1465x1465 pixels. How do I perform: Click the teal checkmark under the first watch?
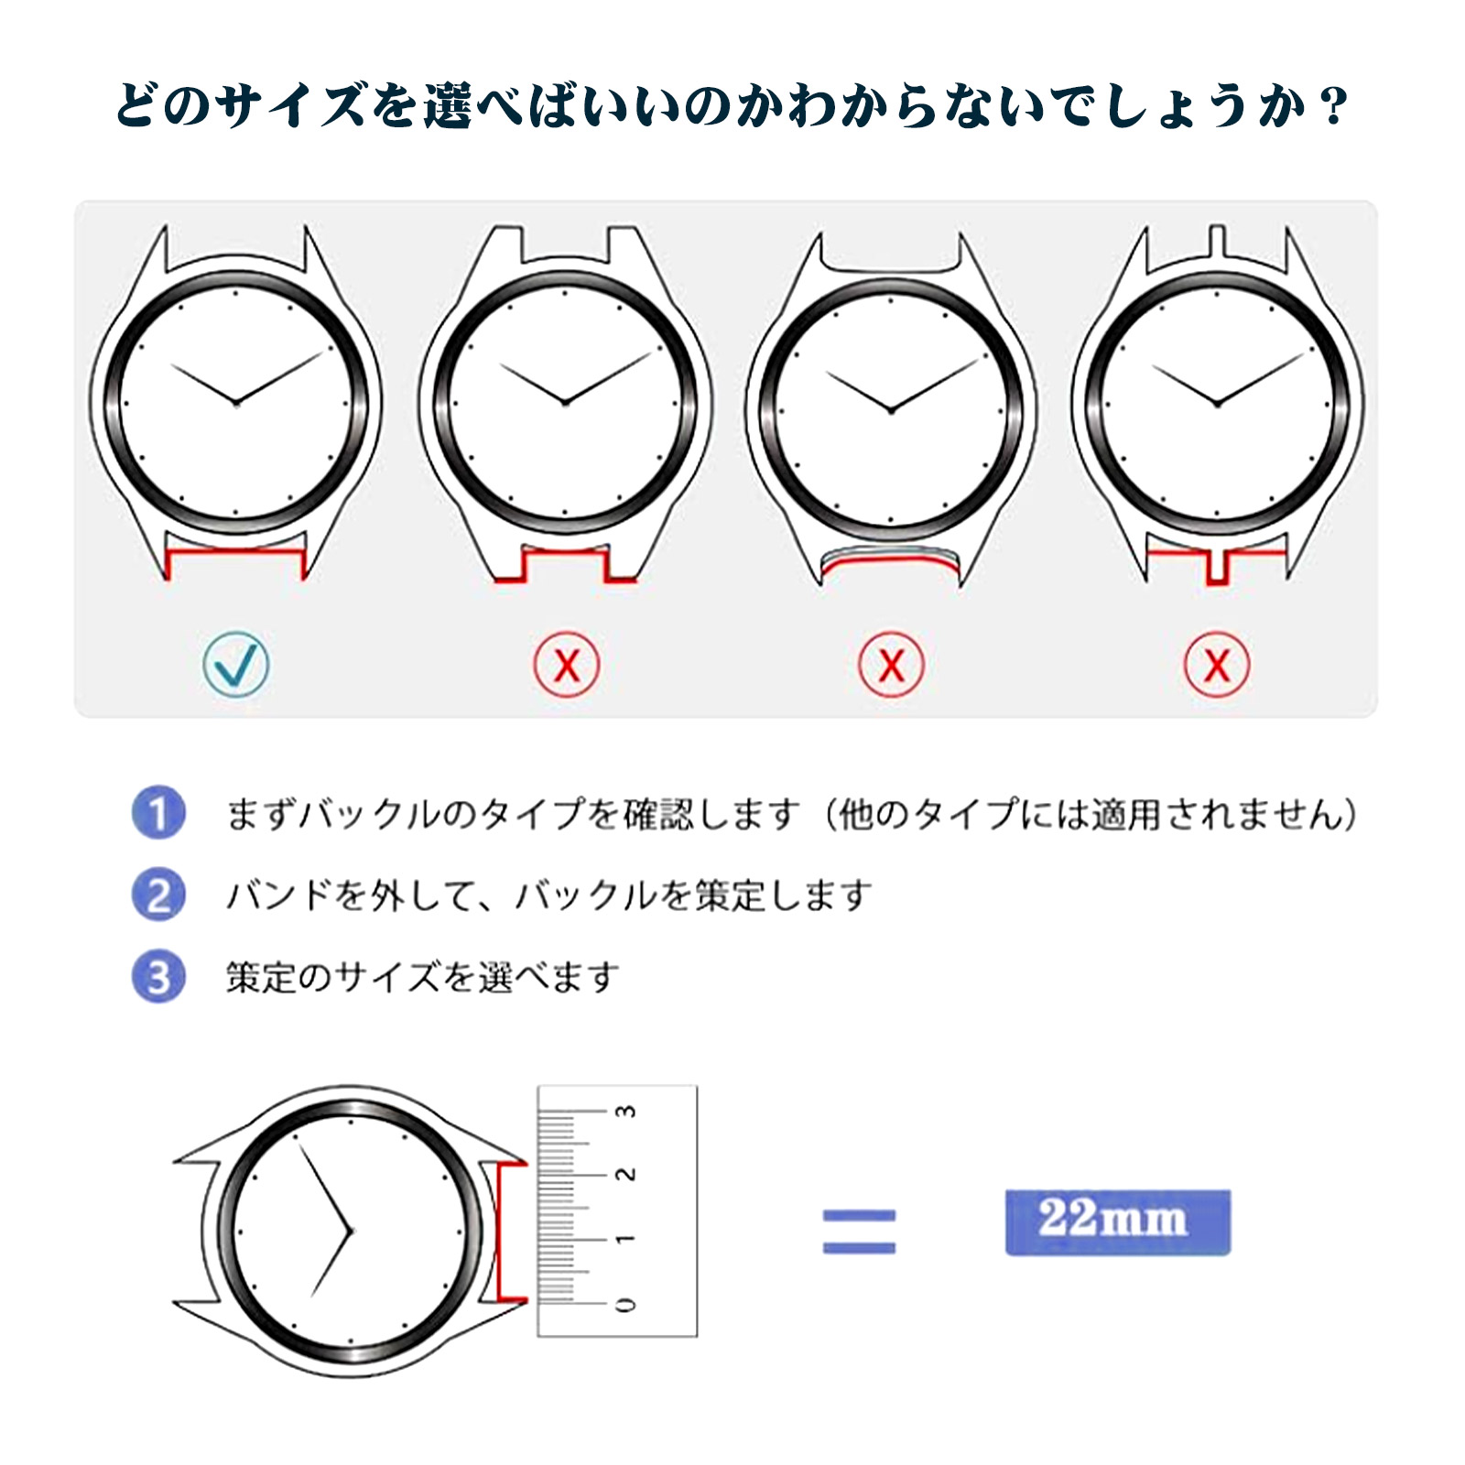[x=236, y=664]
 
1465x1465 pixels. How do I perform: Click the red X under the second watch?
[x=567, y=664]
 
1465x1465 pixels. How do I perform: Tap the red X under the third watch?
[x=891, y=664]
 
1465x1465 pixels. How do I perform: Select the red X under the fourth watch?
[x=1216, y=664]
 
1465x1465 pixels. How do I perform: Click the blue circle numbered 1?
[x=158, y=812]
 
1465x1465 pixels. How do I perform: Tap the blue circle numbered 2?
[x=158, y=895]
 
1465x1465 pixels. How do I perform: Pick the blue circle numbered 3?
[x=158, y=976]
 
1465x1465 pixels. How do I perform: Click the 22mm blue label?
[x=1117, y=1221]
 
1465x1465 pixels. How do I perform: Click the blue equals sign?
[x=859, y=1231]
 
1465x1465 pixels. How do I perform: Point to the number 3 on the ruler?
[x=625, y=1111]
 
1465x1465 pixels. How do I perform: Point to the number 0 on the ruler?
[x=625, y=1304]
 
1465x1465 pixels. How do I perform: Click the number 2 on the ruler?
[x=625, y=1174]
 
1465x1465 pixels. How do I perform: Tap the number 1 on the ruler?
[x=625, y=1239]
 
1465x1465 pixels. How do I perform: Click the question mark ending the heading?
[x=1336, y=106]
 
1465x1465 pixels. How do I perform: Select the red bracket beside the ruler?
[x=500, y=1232]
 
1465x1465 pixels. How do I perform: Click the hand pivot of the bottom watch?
[x=351, y=1232]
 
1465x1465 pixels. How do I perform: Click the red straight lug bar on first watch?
[x=235, y=550]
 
